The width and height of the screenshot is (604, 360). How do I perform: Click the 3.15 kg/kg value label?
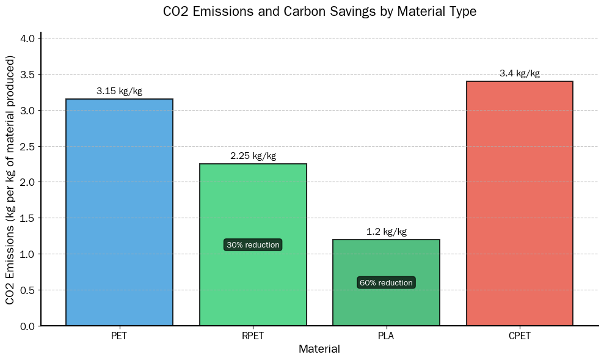tap(119, 92)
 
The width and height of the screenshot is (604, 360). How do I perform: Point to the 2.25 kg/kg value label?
tap(253, 156)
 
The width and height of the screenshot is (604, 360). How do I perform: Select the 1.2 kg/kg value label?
tap(386, 232)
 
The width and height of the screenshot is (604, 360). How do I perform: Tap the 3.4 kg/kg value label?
tap(519, 74)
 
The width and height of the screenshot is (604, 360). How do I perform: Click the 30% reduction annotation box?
tap(253, 245)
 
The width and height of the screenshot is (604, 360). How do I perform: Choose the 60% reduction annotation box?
tap(386, 283)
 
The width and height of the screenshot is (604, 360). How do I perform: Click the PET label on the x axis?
tap(119, 336)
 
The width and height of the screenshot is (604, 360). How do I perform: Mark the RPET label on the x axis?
tap(253, 336)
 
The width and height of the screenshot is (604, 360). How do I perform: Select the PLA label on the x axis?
tap(386, 336)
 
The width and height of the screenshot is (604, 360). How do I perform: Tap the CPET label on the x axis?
tap(519, 336)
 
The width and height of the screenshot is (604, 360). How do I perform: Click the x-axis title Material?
tap(319, 350)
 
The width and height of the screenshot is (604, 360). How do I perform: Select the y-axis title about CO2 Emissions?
tap(10, 180)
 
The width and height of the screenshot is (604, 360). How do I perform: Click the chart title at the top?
tap(319, 12)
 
